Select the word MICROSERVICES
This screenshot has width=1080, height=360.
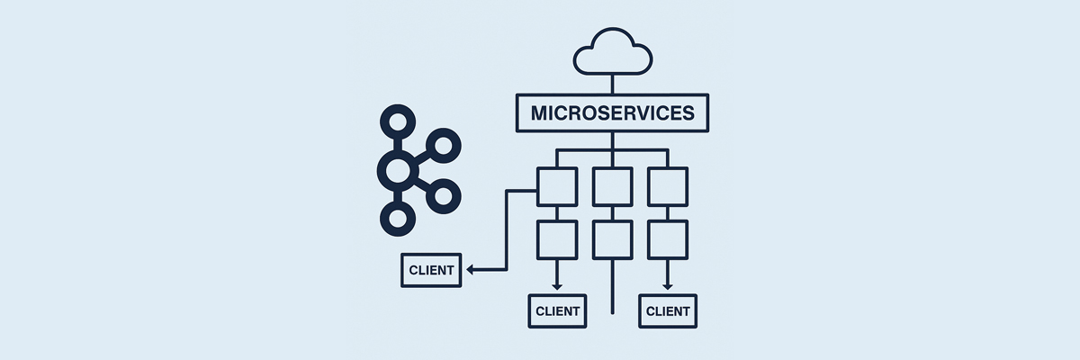pyautogui.click(x=612, y=113)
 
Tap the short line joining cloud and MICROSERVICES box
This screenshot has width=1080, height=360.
pyautogui.click(x=612, y=84)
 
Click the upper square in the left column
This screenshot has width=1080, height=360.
pyautogui.click(x=556, y=187)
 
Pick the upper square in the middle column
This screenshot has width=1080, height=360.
pyautogui.click(x=612, y=187)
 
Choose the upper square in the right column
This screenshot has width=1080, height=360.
pyautogui.click(x=668, y=187)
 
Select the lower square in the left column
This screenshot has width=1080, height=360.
pyautogui.click(x=556, y=240)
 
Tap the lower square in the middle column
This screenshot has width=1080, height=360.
pyautogui.click(x=612, y=240)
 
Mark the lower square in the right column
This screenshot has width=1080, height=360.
pyautogui.click(x=668, y=240)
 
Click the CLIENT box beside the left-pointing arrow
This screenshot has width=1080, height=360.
pyautogui.click(x=431, y=270)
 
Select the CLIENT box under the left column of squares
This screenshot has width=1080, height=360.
pyautogui.click(x=556, y=311)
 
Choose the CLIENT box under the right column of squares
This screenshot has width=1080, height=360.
pyautogui.click(x=668, y=311)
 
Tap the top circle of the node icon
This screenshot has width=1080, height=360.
pyautogui.click(x=394, y=121)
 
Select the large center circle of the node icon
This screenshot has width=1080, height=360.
pyautogui.click(x=396, y=168)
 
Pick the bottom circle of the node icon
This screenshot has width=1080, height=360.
pyautogui.click(x=394, y=216)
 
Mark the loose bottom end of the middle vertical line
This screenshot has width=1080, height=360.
pyautogui.click(x=612, y=311)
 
